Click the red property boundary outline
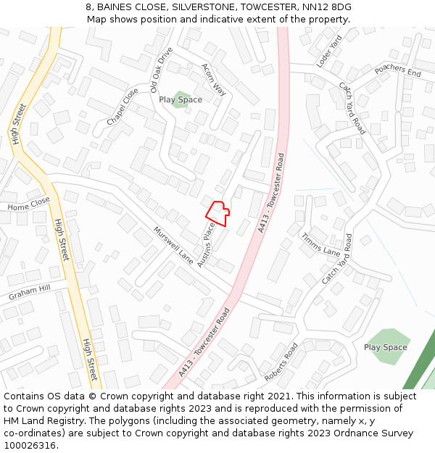coord(217,213)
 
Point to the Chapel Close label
coord(123,107)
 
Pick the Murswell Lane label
coord(173,245)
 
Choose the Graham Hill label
coord(30,293)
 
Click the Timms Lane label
coord(320,244)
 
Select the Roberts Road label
coord(281,362)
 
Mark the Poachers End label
coord(398,70)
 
